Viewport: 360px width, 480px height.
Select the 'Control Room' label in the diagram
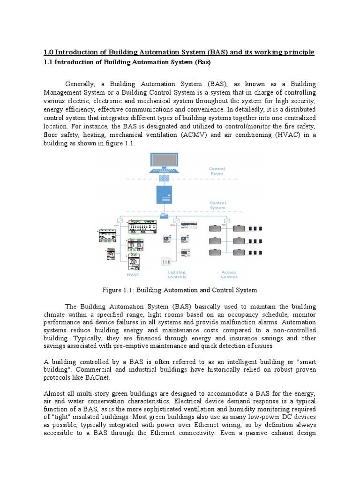point(217,171)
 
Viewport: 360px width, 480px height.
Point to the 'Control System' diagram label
point(217,205)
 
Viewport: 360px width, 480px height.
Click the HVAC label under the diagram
point(133,275)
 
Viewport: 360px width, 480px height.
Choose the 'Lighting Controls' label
point(177,274)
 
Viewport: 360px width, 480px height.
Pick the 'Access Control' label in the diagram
point(229,274)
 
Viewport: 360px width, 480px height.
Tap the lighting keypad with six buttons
point(166,262)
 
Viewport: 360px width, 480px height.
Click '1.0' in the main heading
point(48,52)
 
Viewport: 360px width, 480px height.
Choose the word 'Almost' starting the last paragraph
point(55,394)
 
